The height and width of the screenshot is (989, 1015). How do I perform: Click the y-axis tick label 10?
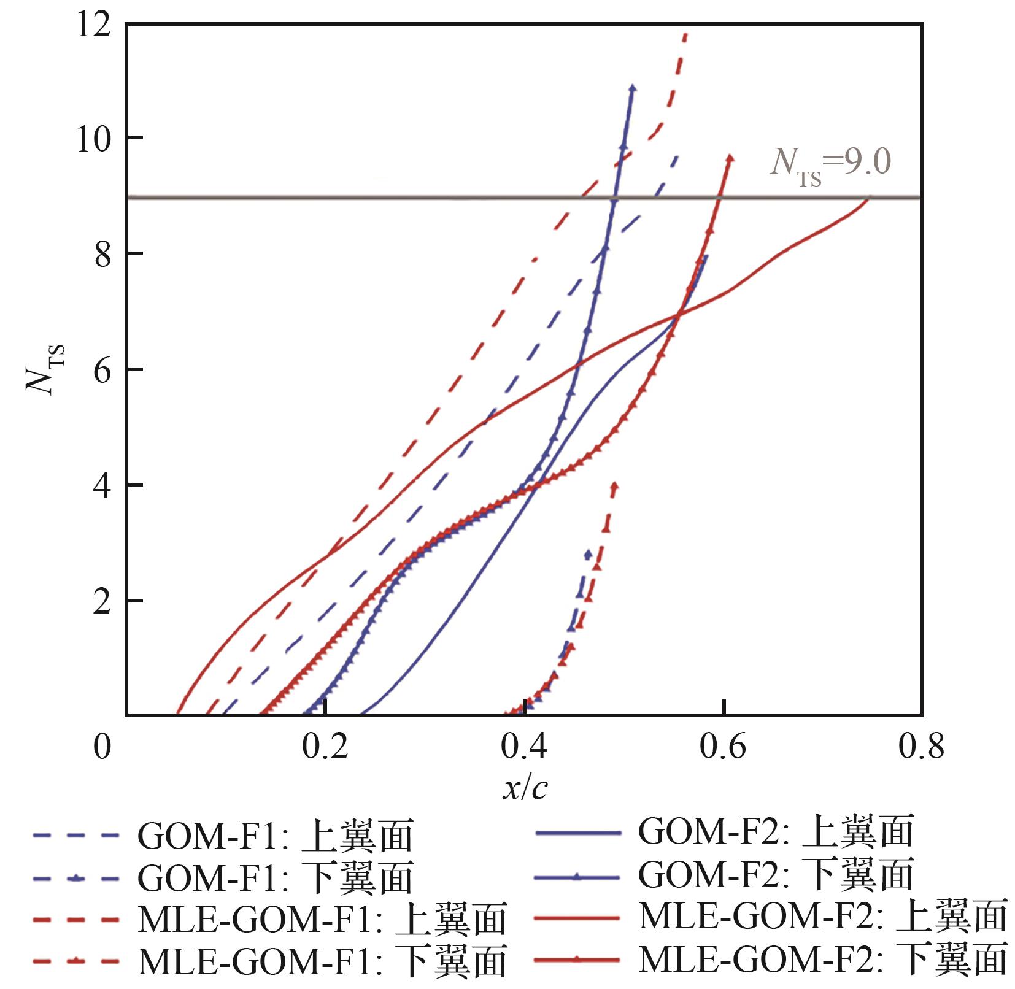(94, 139)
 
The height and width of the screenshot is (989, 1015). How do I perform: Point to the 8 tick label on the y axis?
(102, 254)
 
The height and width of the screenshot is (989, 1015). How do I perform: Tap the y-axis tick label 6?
(102, 370)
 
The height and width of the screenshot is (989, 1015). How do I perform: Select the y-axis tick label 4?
(102, 485)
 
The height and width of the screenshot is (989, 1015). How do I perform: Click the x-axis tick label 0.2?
(325, 747)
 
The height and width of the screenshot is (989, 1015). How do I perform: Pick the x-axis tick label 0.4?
(525, 747)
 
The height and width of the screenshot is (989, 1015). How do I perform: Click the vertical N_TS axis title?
(45, 370)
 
